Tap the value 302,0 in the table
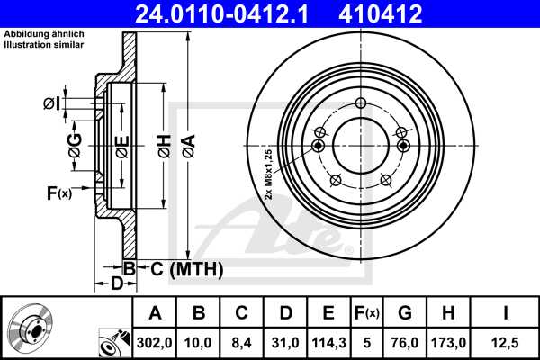(156, 342)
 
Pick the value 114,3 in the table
(328, 342)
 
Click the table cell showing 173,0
(447, 342)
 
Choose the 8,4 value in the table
(242, 342)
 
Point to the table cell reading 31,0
(284, 342)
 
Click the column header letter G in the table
(404, 313)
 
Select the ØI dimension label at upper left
(51, 103)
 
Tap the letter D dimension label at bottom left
(116, 284)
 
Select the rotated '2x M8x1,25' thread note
(268, 174)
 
